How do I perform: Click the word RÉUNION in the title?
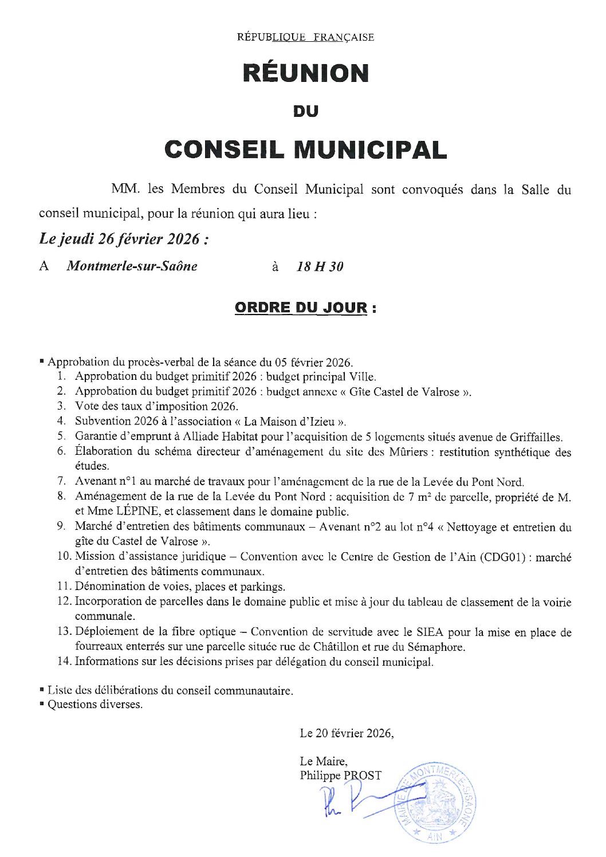tap(306, 73)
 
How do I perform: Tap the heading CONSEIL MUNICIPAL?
tap(305, 150)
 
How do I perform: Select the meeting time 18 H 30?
tap(320, 266)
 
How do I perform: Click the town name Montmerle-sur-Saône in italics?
tap(132, 266)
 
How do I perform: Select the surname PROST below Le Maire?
tap(362, 776)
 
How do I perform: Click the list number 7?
tap(61, 482)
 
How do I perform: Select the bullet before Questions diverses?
tap(42, 704)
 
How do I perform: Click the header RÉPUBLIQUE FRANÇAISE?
tap(305, 37)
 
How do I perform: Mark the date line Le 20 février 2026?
tap(347, 733)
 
